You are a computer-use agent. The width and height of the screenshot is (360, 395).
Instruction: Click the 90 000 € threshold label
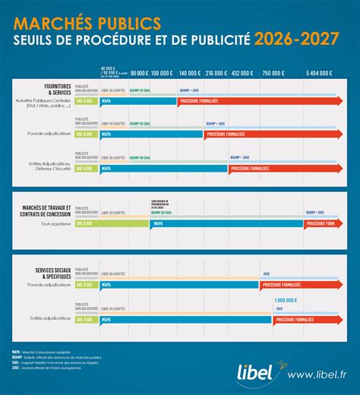click(x=139, y=73)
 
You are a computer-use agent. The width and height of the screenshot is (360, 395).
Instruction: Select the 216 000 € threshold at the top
click(x=215, y=73)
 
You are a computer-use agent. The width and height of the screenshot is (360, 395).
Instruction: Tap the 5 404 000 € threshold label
click(x=319, y=73)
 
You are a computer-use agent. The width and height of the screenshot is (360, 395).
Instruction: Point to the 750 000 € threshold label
click(x=271, y=73)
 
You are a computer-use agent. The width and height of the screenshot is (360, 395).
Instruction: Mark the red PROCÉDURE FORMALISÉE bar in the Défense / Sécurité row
click(x=281, y=168)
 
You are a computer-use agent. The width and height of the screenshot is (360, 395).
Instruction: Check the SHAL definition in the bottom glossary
click(x=46, y=365)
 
